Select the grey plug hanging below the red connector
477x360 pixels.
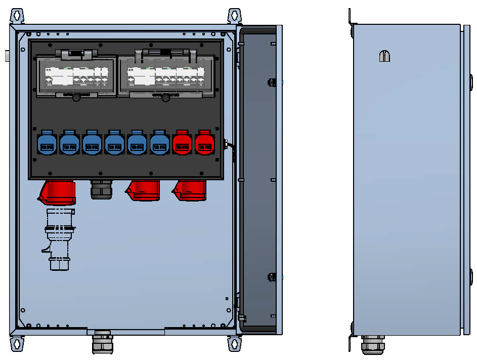point(60,238)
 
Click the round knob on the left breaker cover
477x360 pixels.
point(76,97)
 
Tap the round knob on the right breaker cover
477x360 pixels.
point(165,97)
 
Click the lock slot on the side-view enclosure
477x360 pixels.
point(384,56)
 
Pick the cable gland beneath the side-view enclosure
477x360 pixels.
point(373,345)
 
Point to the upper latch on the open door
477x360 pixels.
point(272,82)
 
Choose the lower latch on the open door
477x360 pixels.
point(272,277)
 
